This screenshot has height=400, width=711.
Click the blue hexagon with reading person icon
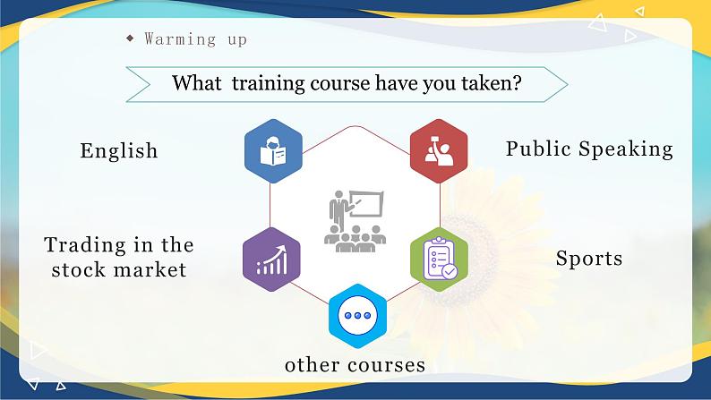point(273,151)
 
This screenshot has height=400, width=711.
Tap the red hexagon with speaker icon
point(439,150)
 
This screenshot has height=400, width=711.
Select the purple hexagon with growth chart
point(271,259)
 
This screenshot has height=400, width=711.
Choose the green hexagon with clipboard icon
point(439,259)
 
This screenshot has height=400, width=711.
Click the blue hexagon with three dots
point(356,316)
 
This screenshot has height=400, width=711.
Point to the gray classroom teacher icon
point(355,219)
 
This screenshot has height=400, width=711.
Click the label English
point(119,150)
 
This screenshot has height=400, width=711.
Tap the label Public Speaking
point(589,149)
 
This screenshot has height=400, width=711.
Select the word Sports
point(588,259)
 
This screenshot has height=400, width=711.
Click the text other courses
point(355,365)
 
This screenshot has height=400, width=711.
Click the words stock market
point(119,268)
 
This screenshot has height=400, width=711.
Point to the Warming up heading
point(195,38)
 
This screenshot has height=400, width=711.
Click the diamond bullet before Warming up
point(130,38)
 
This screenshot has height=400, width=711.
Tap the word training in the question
point(268,83)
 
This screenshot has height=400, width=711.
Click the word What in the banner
point(196,83)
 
